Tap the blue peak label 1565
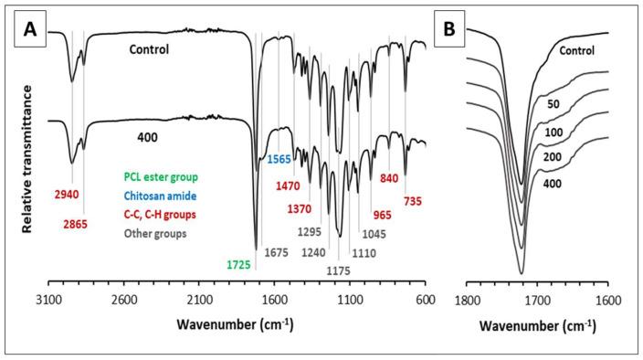279,159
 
